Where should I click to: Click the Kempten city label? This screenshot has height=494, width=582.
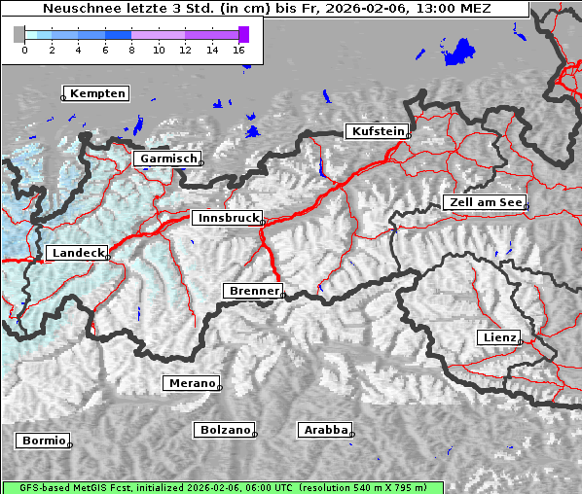tap(95, 93)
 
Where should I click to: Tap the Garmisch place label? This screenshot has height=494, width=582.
tap(167, 159)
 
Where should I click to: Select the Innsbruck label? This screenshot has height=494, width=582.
tap(227, 219)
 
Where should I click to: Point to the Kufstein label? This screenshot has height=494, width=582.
tap(377, 131)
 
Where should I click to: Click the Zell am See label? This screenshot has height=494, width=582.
tap(484, 202)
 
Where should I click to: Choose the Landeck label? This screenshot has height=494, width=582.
tap(77, 253)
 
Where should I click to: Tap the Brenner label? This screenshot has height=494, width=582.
tap(253, 291)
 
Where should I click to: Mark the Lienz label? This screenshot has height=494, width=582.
tap(499, 337)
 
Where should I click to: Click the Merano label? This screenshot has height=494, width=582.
tap(191, 383)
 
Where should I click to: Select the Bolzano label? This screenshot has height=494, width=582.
tap(225, 429)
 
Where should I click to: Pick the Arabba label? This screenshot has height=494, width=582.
tap(325, 429)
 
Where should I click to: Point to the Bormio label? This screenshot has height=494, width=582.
tap(43, 441)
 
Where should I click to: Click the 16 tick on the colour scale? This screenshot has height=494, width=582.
tap(239, 50)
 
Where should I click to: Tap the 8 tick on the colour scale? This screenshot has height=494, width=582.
tap(131, 50)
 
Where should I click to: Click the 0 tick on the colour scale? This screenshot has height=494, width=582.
tap(24, 50)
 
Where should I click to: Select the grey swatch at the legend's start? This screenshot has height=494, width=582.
tap(19, 34)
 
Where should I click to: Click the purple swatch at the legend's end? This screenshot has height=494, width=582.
tap(243, 34)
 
